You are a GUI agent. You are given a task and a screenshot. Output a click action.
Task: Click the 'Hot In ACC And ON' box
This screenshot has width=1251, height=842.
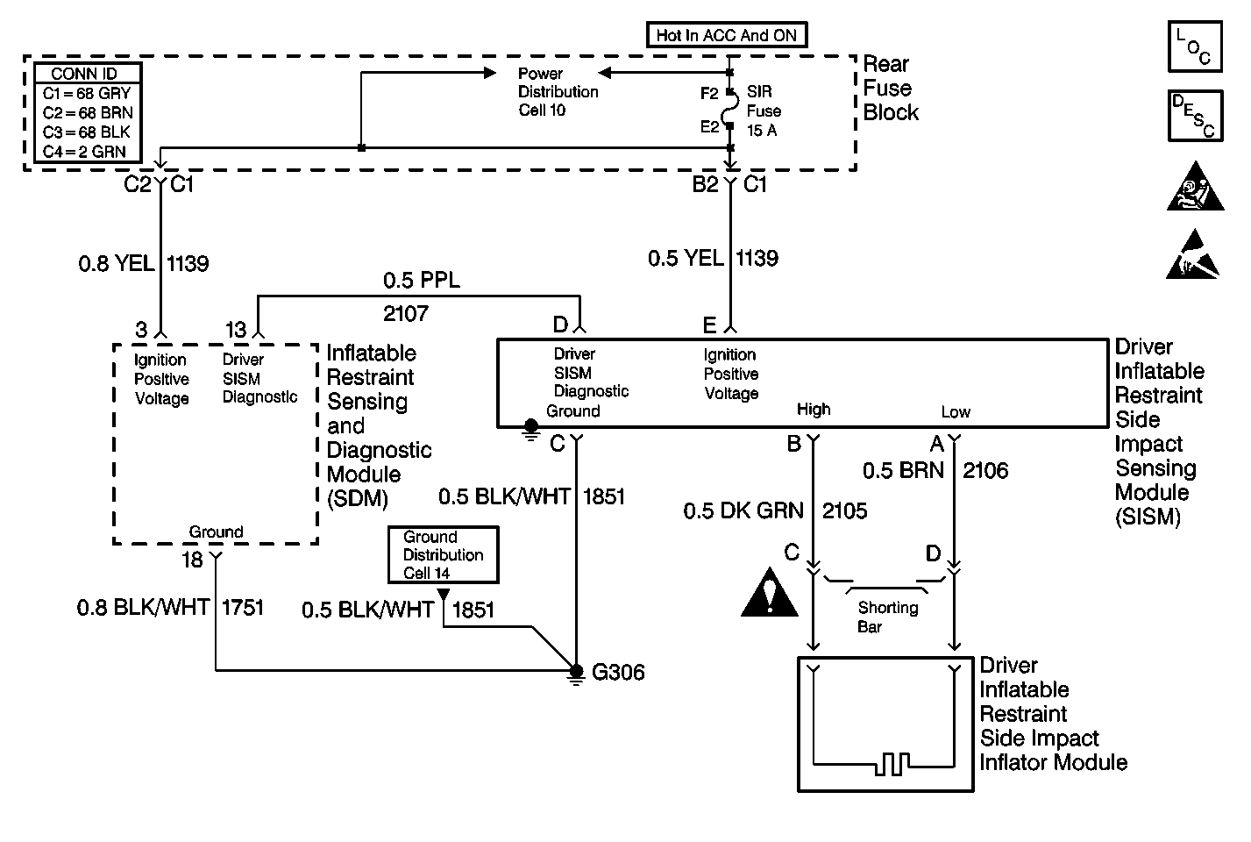(727, 35)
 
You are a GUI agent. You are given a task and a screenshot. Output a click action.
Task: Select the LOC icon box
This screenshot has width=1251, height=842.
(1195, 46)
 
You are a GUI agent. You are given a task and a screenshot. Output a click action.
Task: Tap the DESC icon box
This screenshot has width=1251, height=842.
(1195, 116)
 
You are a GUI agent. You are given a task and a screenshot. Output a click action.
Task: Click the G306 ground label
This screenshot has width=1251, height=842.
(618, 672)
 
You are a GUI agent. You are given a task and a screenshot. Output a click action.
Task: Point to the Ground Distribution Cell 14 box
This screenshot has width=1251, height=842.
(444, 555)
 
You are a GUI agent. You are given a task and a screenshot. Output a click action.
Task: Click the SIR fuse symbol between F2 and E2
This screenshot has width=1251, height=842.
(729, 109)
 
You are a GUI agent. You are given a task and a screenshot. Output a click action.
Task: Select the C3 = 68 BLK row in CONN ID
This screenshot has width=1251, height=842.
(87, 132)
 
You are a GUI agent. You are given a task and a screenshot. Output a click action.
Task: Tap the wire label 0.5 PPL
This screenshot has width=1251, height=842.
(422, 280)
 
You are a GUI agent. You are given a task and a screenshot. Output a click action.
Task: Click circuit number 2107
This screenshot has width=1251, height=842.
(406, 313)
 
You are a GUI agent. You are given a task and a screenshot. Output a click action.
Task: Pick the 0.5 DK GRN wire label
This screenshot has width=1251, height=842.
(743, 510)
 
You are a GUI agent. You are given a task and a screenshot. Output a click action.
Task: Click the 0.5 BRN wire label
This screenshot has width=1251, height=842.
(903, 470)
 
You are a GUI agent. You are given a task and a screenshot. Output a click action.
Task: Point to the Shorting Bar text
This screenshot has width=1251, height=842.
(887, 617)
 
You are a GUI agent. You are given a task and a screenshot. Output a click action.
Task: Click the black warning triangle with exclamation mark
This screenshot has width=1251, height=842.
(770, 593)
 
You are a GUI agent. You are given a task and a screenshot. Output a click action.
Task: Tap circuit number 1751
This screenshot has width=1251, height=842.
(242, 607)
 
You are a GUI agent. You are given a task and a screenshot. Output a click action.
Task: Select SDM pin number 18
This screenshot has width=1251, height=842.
(192, 560)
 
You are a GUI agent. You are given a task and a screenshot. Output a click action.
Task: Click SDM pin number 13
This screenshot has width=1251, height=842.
(236, 330)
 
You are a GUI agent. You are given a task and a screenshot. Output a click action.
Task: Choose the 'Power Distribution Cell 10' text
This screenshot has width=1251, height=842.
(558, 91)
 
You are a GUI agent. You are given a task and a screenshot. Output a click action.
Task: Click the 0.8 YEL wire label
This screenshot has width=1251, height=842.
(117, 264)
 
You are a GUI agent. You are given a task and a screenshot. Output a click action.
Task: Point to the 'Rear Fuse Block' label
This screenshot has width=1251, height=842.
(891, 89)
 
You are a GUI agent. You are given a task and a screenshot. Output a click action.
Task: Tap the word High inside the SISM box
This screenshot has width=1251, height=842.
(814, 410)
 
